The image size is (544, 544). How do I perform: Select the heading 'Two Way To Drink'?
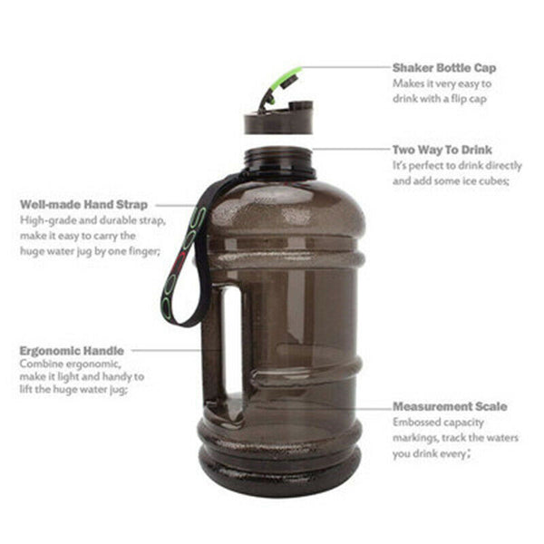click(442, 151)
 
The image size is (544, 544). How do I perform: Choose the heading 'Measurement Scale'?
click(450, 407)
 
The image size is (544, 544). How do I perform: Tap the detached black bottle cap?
click(278, 119)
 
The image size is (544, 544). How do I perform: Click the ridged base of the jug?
click(279, 462)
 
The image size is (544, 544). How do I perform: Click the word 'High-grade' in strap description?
click(44, 220)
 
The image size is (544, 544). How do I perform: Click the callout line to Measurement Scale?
click(372, 407)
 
